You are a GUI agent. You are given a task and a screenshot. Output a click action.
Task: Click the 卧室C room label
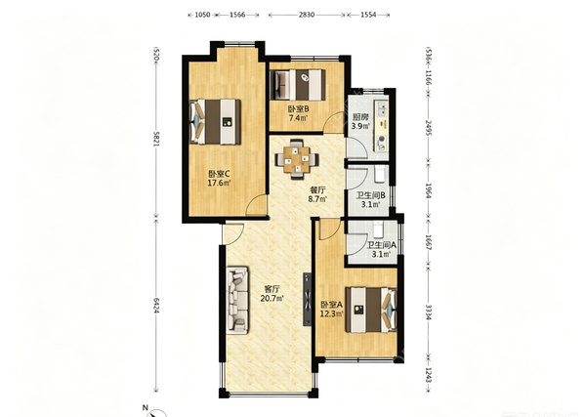tap(219, 174)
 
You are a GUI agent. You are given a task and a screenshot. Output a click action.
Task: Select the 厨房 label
tap(360, 117)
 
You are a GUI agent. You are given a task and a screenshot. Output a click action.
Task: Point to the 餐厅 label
tap(317, 190)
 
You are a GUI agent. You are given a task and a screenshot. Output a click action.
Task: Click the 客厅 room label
tap(272, 289)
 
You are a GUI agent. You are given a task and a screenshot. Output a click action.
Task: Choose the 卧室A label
tap(331, 305)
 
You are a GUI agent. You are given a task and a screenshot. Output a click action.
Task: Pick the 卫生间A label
tap(381, 245)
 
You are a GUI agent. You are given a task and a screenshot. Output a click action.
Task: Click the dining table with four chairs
tap(297, 160)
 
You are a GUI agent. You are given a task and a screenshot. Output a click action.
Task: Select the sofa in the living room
tap(237, 299)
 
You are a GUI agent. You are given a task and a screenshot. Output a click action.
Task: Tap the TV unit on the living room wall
tap(308, 299)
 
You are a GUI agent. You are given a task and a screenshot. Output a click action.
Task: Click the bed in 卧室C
tap(215, 121)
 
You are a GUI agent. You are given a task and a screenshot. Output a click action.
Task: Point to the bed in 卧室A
tap(371, 310)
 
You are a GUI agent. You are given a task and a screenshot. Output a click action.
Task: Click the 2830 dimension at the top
tap(307, 15)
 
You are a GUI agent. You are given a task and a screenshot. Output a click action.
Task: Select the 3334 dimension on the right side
tap(429, 312)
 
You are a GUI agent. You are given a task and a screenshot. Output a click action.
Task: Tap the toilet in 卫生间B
tap(379, 175)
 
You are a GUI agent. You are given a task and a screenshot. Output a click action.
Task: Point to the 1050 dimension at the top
tap(202, 15)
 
